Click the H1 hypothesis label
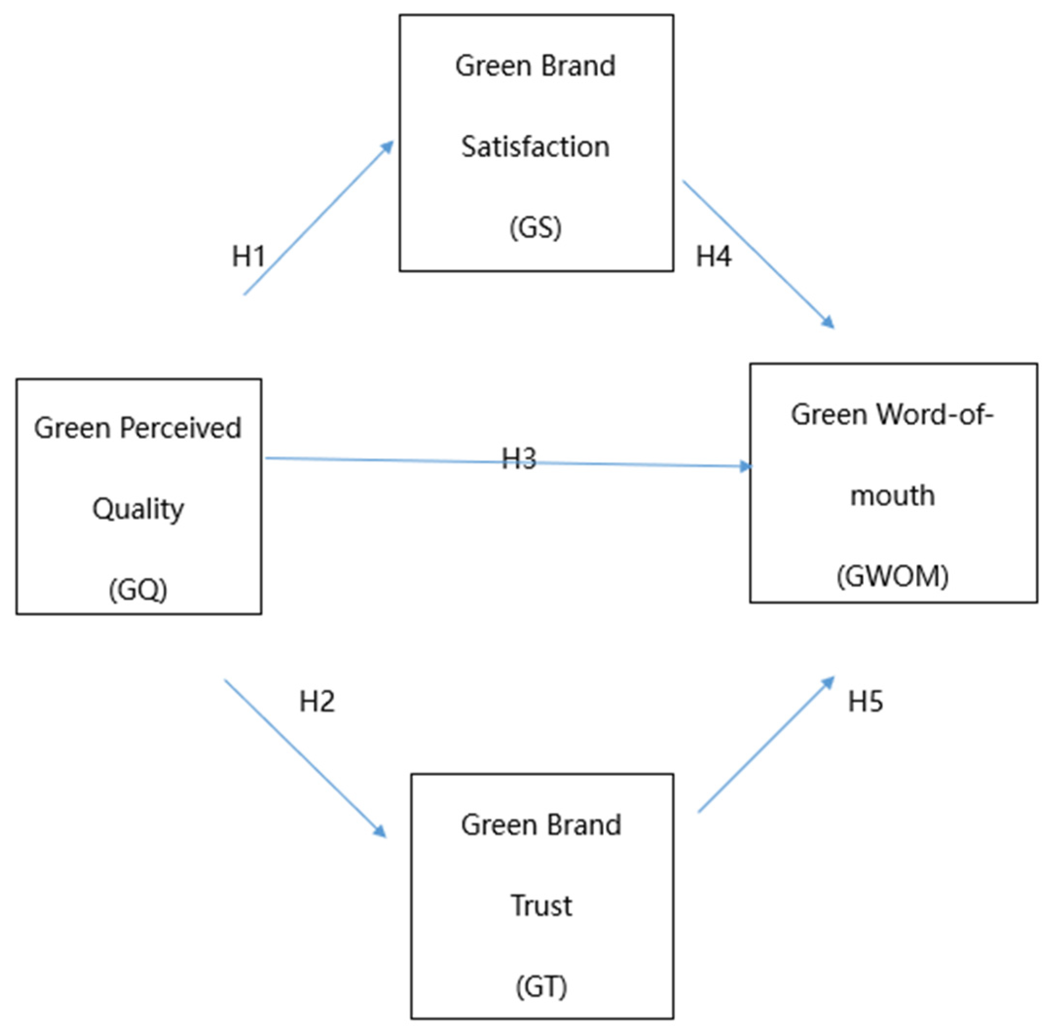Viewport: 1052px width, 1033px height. point(248,256)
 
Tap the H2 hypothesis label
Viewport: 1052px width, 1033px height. point(317,701)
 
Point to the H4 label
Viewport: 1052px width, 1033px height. point(714,256)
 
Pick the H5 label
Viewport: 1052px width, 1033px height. point(866,701)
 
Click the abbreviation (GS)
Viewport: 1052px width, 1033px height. point(536,228)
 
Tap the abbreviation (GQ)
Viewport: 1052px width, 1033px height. point(138,590)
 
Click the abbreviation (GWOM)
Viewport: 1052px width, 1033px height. point(892,576)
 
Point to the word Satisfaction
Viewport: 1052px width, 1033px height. point(536,147)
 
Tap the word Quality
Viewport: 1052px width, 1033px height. point(138,509)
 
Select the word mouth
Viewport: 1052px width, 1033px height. point(892,496)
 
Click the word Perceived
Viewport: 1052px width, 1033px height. point(181,427)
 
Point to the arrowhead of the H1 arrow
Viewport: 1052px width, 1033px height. point(388,147)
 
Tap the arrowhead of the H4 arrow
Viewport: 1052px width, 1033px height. point(829,323)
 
